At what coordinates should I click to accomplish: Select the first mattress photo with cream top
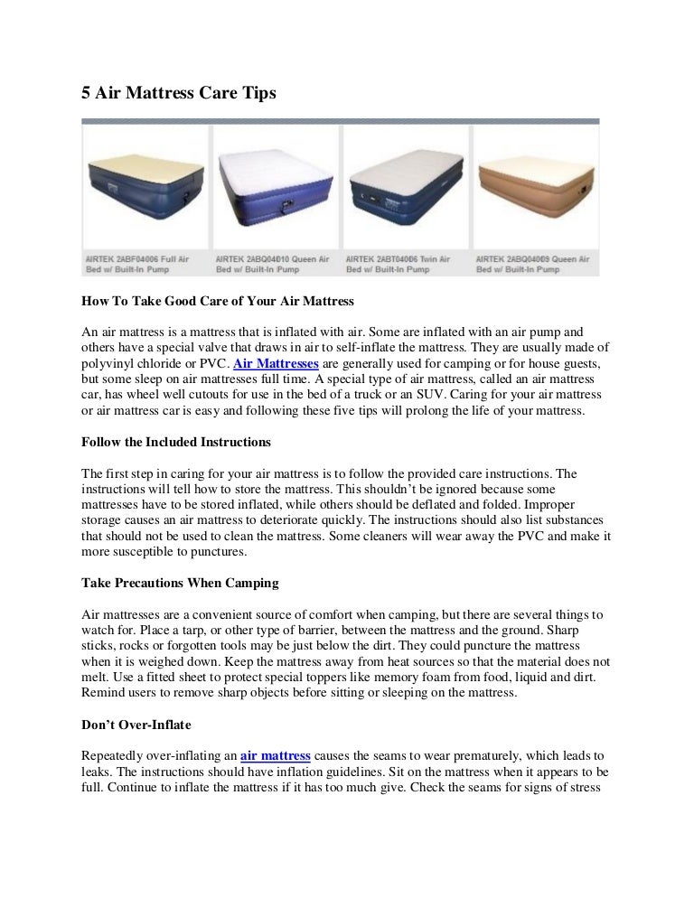[x=144, y=185]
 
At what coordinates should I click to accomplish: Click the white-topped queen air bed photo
[x=275, y=185]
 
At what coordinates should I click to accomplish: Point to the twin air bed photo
[x=405, y=185]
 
